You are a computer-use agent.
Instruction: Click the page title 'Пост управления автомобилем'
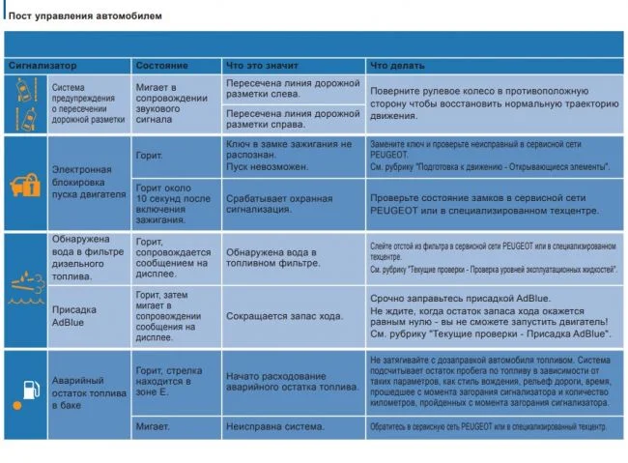(85, 16)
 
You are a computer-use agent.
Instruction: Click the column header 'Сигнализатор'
(43, 65)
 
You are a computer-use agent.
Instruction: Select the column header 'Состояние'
(161, 65)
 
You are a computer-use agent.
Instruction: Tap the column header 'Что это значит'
(258, 65)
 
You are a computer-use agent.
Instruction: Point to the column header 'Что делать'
(396, 65)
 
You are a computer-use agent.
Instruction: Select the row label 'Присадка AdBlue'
(74, 316)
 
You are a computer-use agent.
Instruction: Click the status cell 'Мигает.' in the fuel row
(153, 426)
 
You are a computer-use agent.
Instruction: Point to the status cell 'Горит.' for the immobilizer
(151, 154)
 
